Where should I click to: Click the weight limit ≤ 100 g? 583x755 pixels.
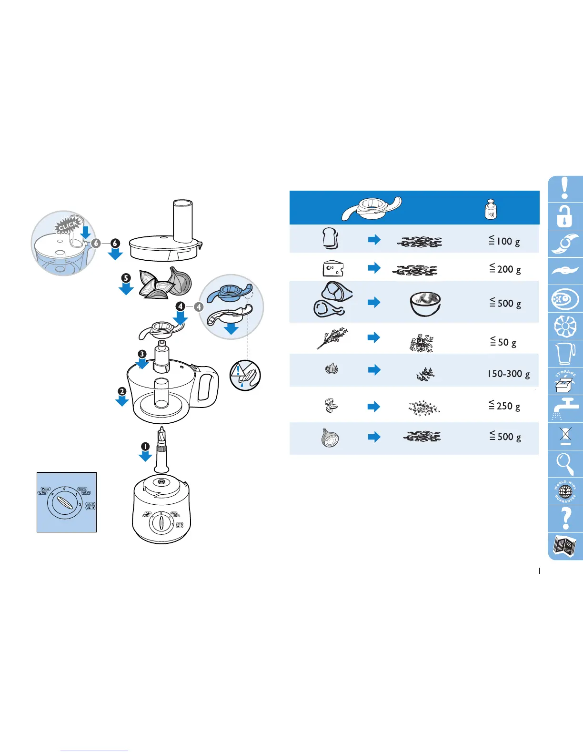(504, 241)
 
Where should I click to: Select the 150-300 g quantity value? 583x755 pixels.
(508, 374)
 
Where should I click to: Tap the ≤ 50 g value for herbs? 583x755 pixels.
(503, 342)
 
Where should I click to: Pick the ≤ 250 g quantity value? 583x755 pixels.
(504, 406)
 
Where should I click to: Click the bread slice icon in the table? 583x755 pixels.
(330, 238)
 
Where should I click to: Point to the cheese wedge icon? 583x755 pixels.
(332, 268)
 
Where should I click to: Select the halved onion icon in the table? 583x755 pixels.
(330, 438)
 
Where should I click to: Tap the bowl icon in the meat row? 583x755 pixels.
(425, 304)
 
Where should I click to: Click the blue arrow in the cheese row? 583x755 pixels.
(374, 267)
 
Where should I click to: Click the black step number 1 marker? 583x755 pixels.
(145, 447)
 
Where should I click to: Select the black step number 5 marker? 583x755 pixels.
(126, 278)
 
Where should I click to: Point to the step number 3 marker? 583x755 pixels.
(142, 354)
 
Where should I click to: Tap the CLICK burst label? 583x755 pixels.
(68, 225)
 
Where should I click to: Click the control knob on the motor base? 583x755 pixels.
(161, 523)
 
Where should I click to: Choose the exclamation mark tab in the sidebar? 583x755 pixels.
(565, 189)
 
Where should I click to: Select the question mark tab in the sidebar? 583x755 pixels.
(565, 518)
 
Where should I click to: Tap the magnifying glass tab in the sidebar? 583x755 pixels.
(565, 463)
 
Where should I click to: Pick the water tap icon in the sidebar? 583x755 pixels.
(565, 408)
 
